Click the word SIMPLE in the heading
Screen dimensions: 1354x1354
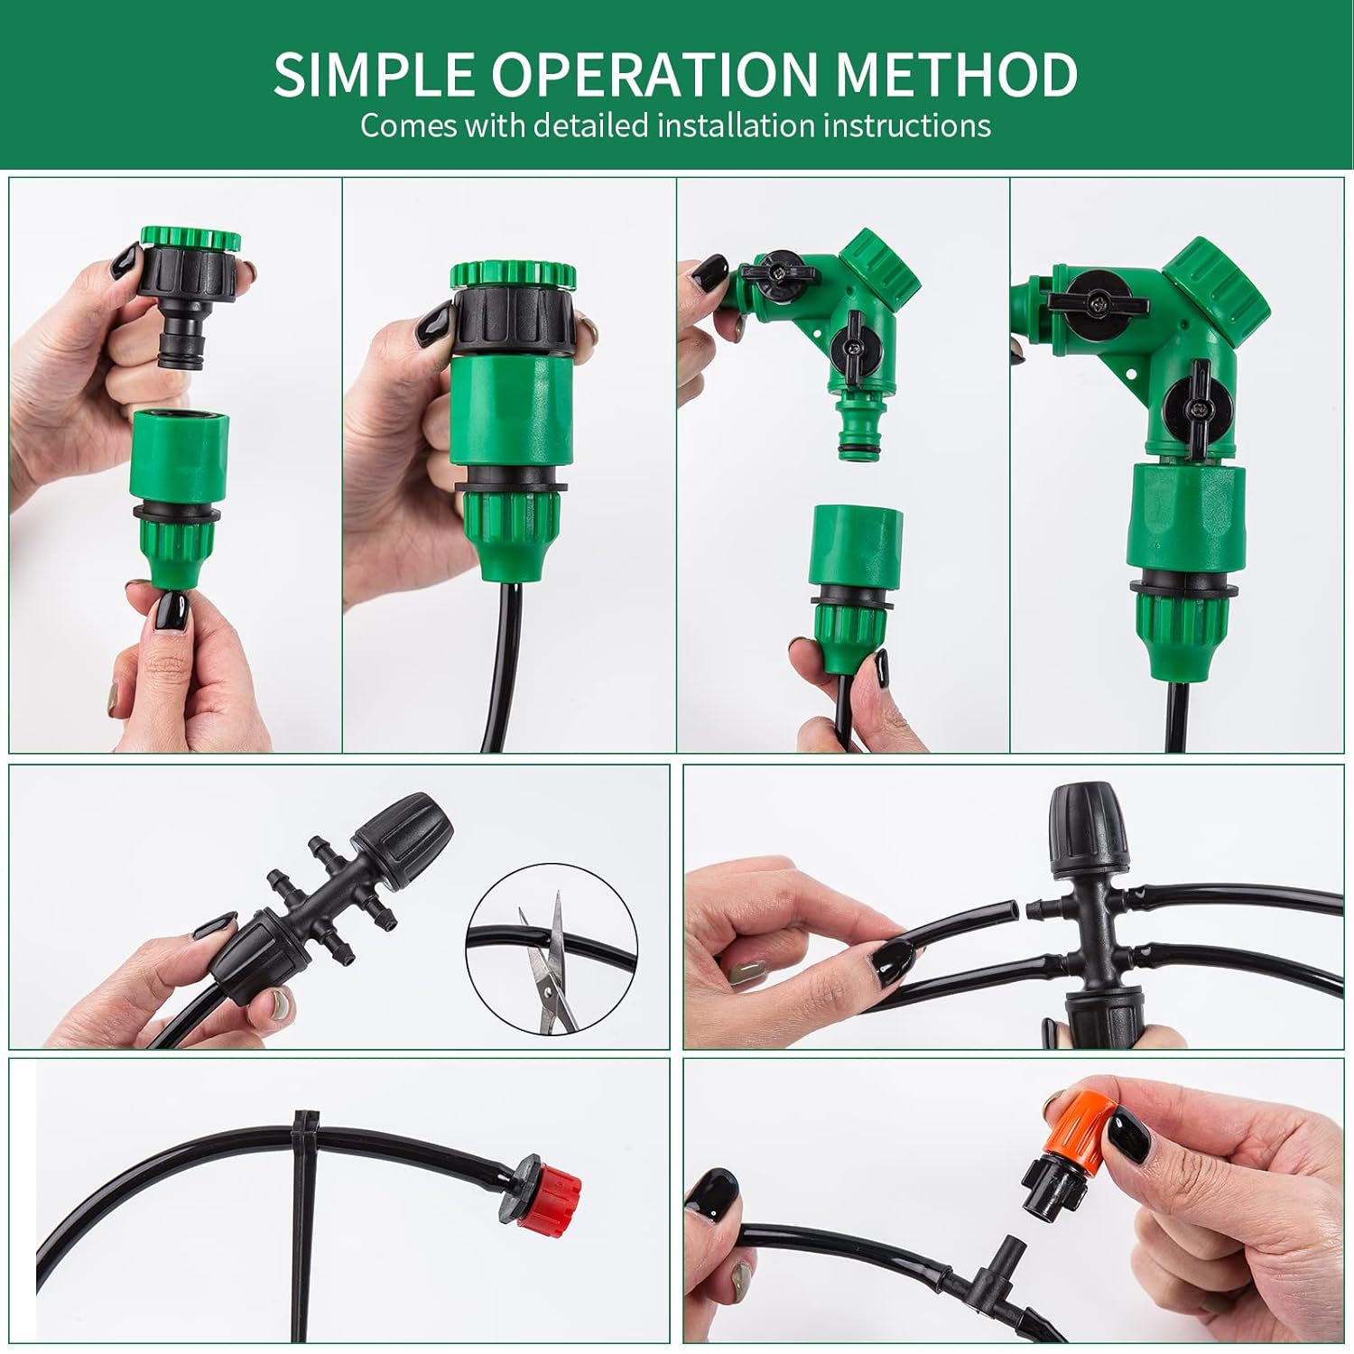(375, 74)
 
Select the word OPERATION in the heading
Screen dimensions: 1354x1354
(654, 74)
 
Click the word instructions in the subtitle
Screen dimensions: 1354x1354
(906, 125)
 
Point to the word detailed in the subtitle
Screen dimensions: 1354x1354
(590, 125)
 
